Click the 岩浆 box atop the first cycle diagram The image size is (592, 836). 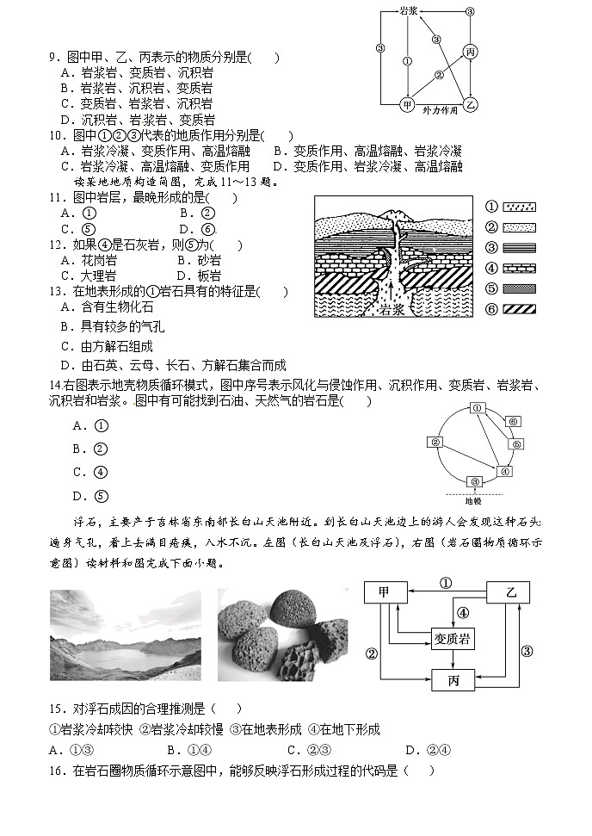(409, 12)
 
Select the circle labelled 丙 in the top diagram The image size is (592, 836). (470, 53)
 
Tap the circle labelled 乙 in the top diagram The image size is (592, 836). (470, 104)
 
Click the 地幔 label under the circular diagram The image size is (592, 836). (473, 500)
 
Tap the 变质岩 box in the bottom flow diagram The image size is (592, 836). (453, 639)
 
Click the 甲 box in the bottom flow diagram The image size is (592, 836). (385, 593)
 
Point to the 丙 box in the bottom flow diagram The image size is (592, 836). (453, 681)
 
